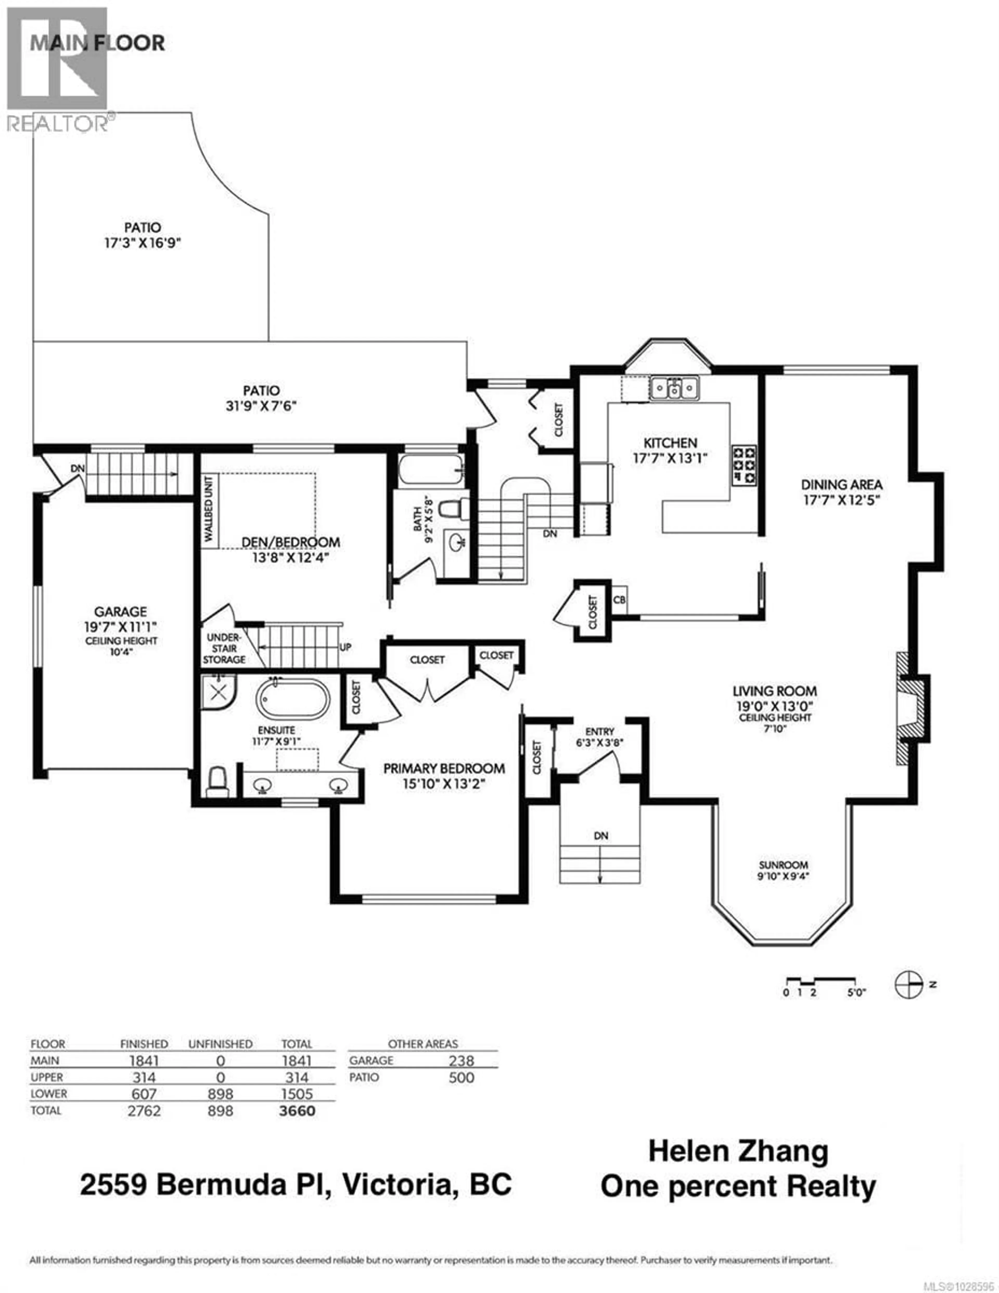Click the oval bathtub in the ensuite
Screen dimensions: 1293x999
pyautogui.click(x=292, y=699)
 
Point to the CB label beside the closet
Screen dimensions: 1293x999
pyautogui.click(x=619, y=600)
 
